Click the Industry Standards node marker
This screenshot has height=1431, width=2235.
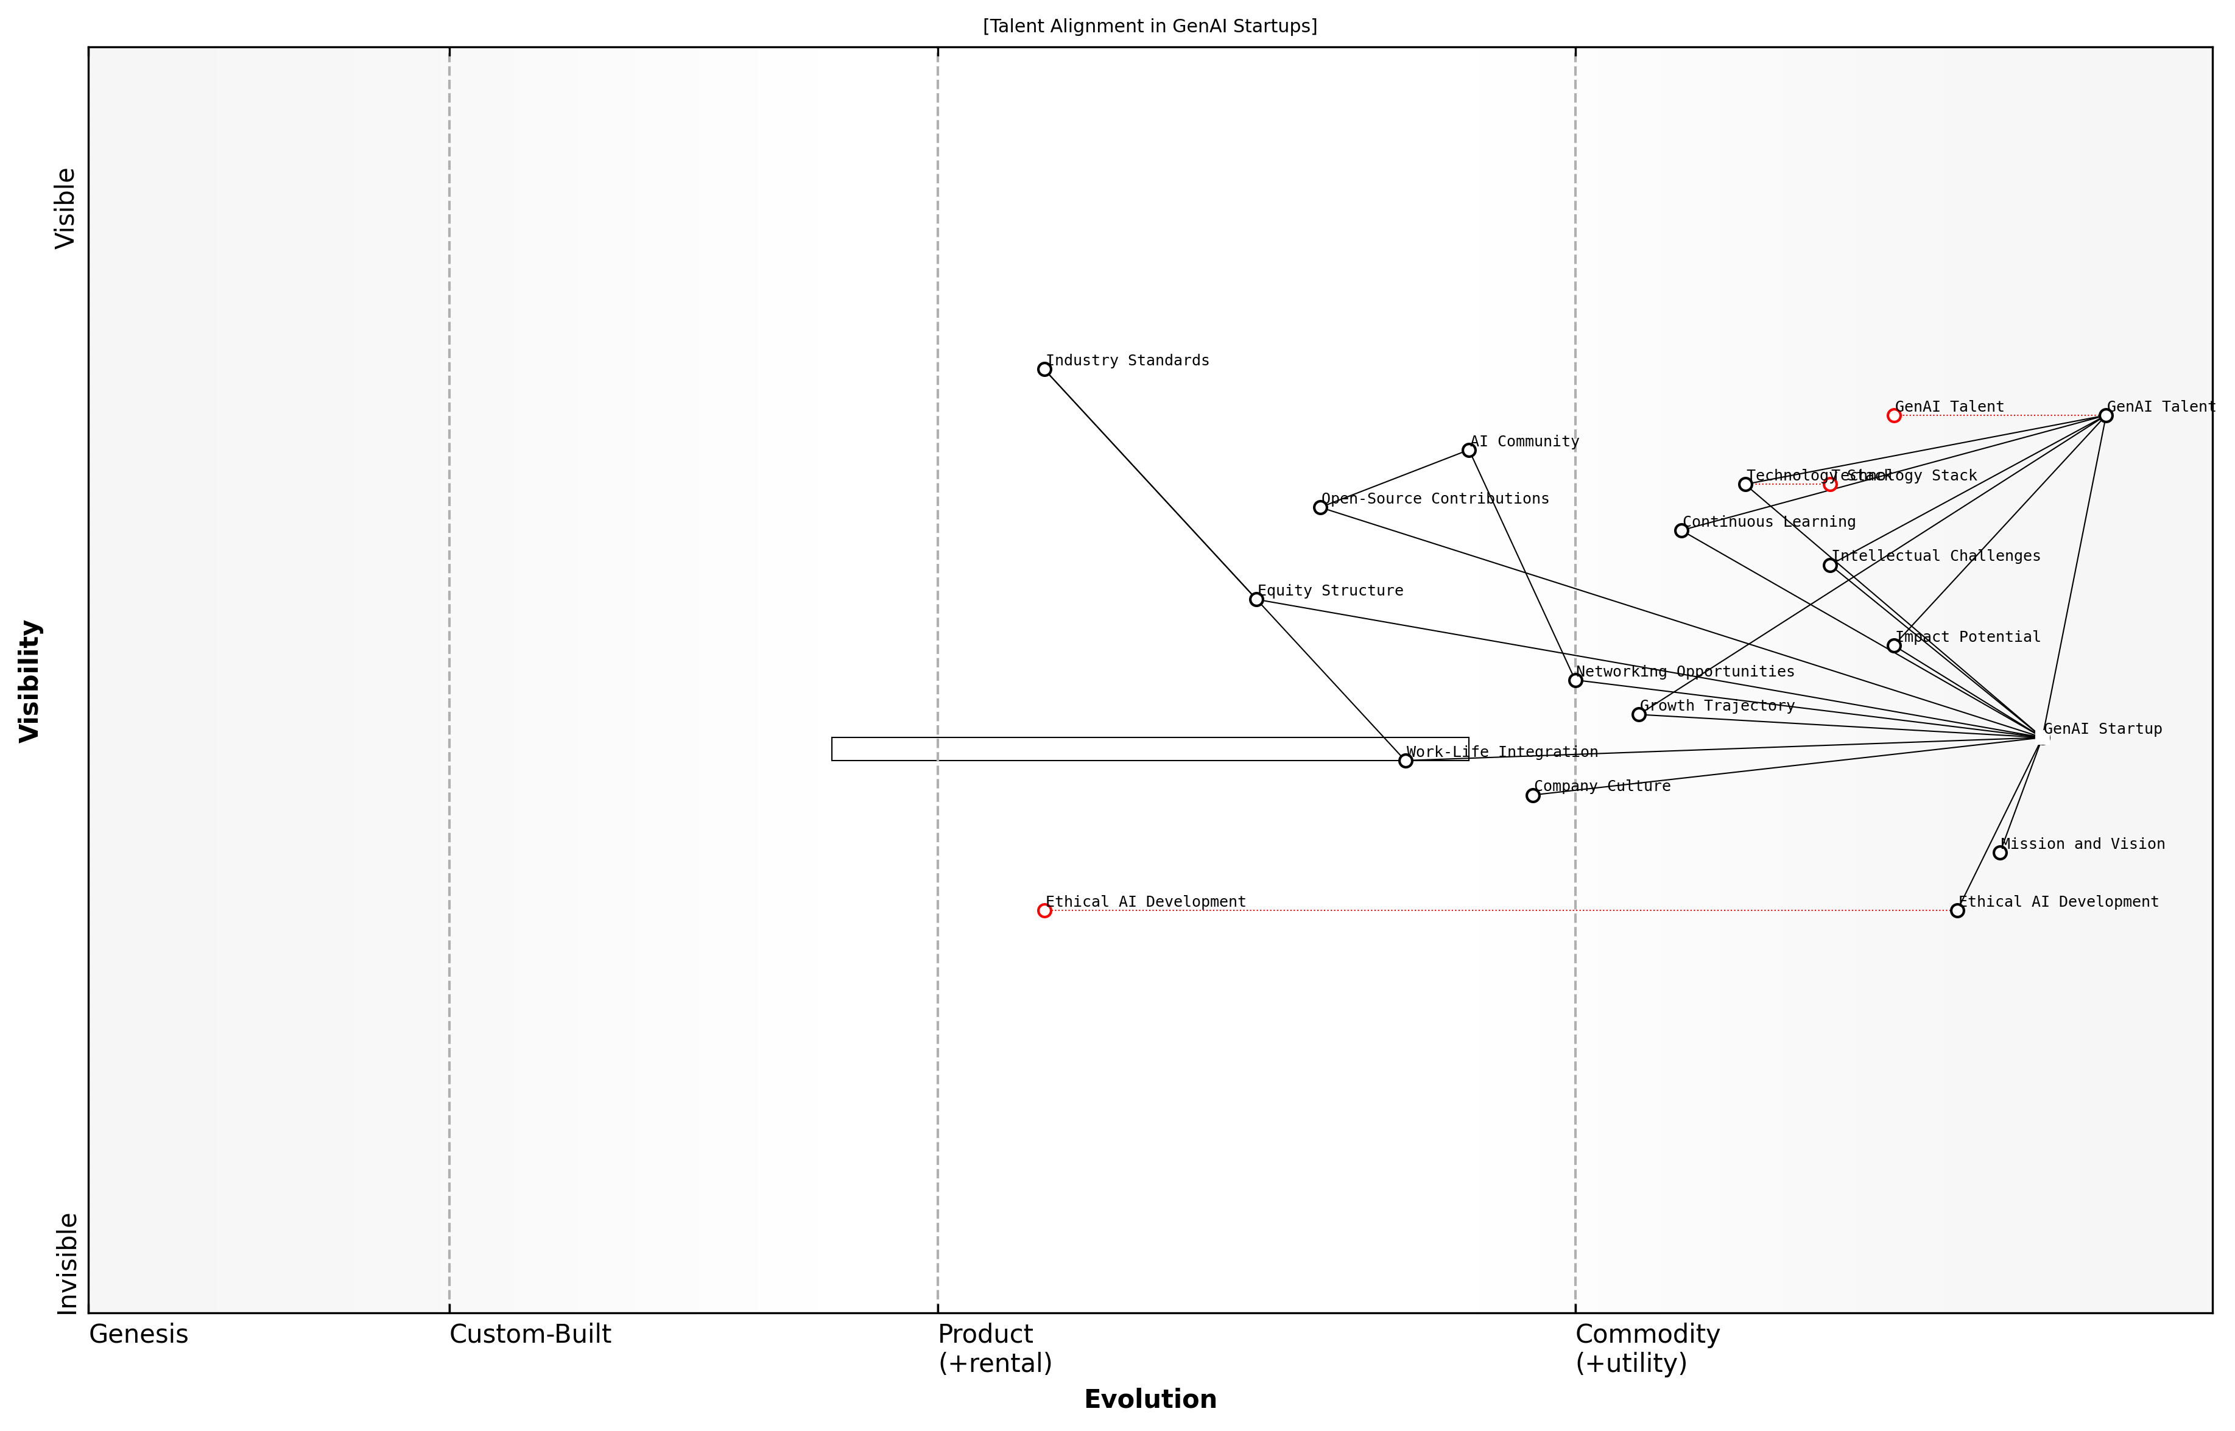[1044, 370]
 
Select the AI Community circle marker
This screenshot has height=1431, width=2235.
[1469, 451]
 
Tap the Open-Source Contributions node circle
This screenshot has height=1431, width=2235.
[1320, 507]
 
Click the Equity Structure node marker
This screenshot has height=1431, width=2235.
[1256, 599]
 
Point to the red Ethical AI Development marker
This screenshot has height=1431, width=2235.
[1044, 910]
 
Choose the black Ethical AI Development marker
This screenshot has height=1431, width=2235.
[1958, 910]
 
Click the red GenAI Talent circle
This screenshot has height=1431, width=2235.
[1894, 415]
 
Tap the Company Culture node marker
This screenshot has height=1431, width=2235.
[1533, 795]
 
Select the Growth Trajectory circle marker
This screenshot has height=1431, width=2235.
[1639, 714]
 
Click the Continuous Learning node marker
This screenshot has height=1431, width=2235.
[1681, 530]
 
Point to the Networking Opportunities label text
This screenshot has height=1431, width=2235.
[1685, 672]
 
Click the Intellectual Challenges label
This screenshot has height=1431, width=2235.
[1936, 557]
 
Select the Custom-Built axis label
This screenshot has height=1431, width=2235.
[530, 1334]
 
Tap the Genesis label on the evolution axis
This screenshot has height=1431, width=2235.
[138, 1334]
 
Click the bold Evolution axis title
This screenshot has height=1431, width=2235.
[1150, 1399]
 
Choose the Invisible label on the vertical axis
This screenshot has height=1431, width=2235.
[66, 1264]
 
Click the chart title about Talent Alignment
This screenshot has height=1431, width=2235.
[1150, 26]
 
